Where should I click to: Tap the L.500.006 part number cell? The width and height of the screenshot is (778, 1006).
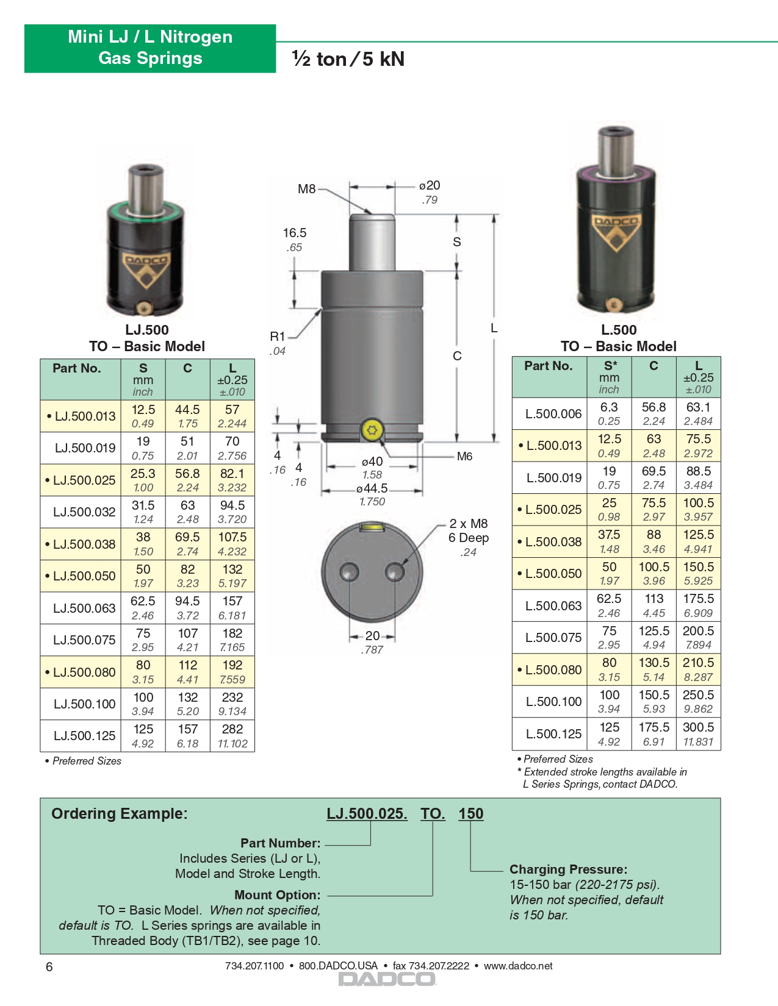[553, 414]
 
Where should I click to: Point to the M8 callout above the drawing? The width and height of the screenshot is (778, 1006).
[306, 189]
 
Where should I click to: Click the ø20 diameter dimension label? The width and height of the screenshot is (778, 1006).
[430, 185]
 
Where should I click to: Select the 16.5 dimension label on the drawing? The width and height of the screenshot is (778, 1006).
[295, 233]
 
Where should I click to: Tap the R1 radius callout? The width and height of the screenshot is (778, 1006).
[278, 337]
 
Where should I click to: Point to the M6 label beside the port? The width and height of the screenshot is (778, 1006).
[464, 456]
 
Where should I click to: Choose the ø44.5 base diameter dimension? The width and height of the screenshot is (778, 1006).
[372, 488]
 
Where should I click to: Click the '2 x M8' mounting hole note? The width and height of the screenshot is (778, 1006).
[469, 524]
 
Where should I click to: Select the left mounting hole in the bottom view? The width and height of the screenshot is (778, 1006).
[350, 572]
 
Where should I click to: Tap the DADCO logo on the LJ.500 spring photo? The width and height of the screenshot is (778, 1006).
[146, 268]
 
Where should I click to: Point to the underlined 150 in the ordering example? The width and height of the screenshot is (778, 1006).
[471, 814]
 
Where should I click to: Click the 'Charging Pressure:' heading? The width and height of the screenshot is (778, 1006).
[568, 869]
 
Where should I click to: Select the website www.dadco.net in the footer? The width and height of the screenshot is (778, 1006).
[518, 966]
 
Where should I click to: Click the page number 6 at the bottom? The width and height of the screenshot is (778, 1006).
[49, 967]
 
